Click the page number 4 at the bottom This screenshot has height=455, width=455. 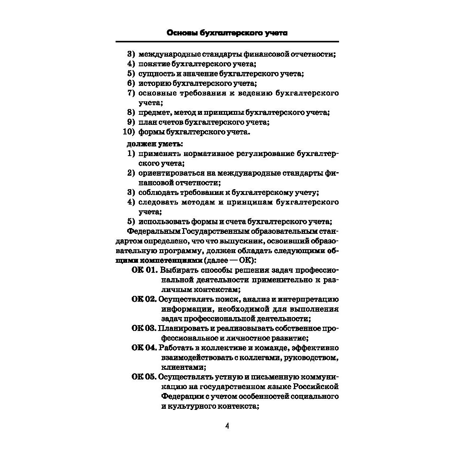(227, 426)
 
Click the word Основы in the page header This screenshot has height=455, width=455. (182, 33)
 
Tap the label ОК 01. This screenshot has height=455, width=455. (145, 270)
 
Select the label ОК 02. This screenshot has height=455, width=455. (144, 299)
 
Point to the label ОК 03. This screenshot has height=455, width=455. (144, 329)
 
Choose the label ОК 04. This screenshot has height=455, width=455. (144, 348)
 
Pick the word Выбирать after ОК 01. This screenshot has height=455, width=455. (176, 270)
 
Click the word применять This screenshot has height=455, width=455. (159, 154)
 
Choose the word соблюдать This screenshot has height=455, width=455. (158, 193)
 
